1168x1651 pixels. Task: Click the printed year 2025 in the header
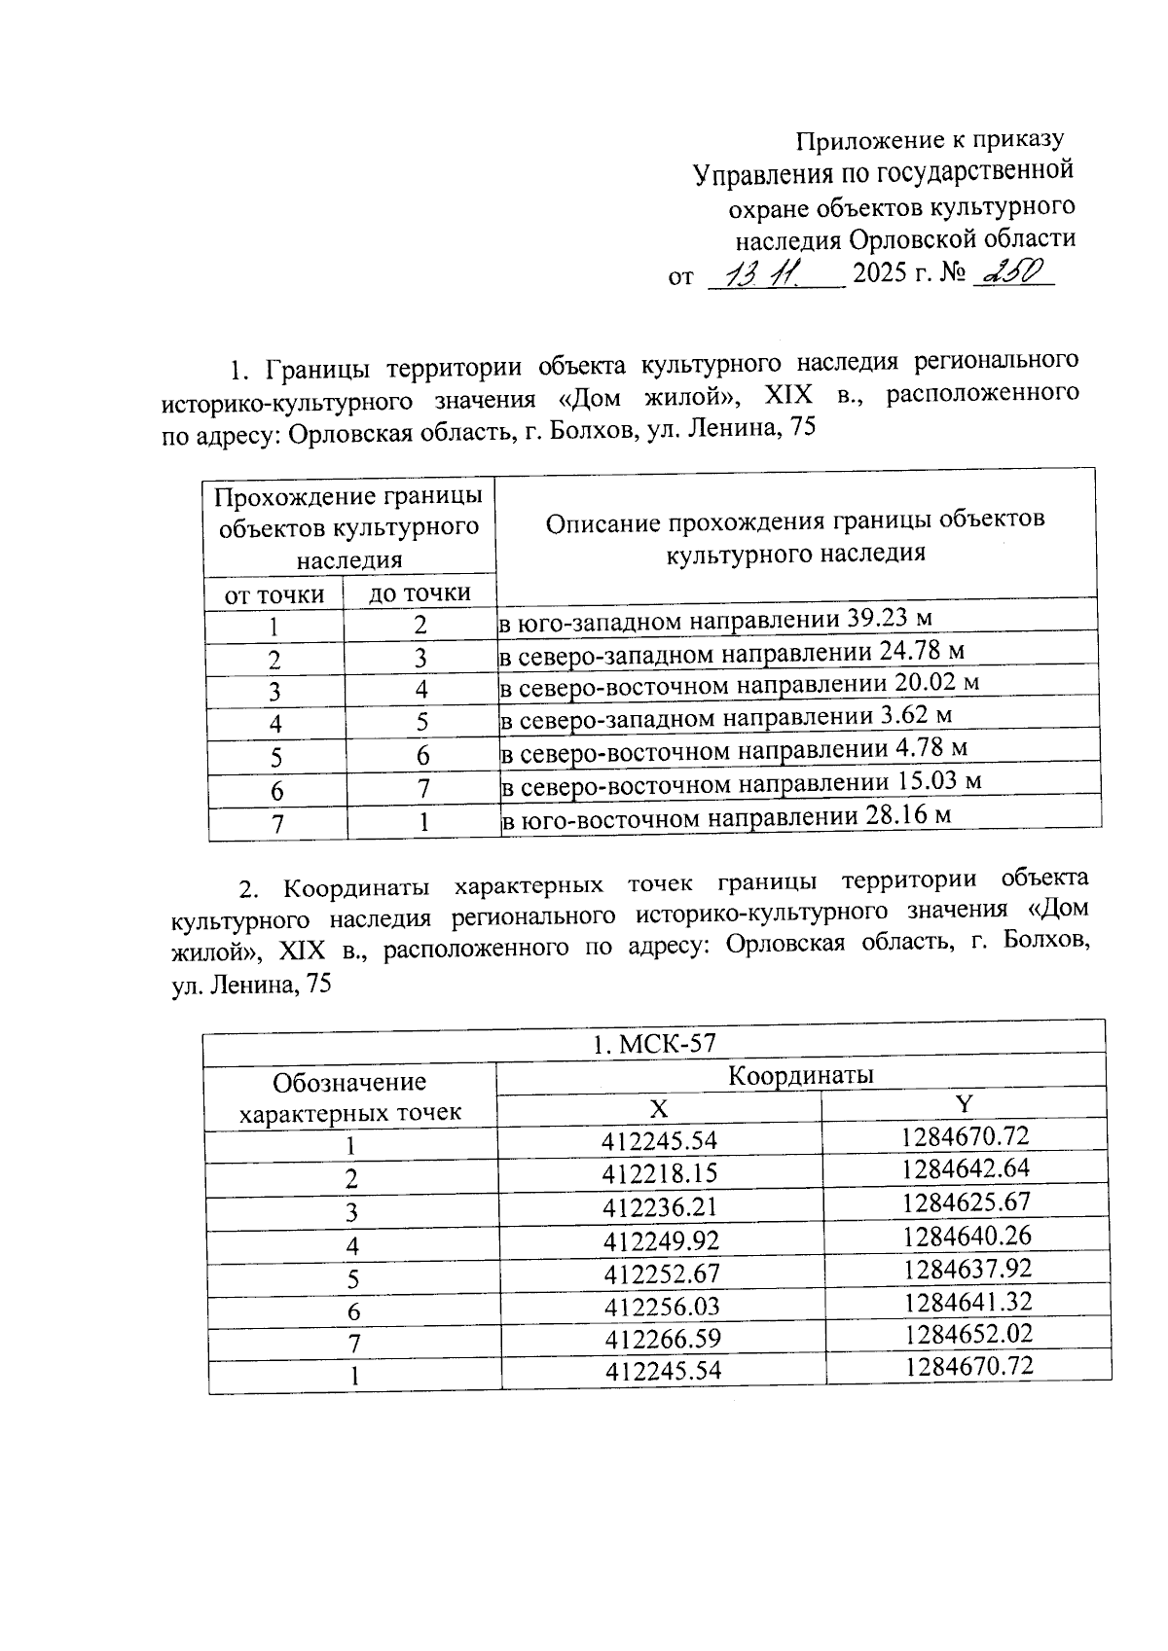pyautogui.click(x=880, y=276)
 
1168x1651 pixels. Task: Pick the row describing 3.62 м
pyautogui.click(x=725, y=718)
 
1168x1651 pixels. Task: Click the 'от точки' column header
pyautogui.click(x=274, y=593)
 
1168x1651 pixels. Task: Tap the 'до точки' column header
pyautogui.click(x=420, y=592)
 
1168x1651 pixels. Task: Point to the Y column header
pyautogui.click(x=964, y=1103)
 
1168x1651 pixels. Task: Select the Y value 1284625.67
pyautogui.click(x=966, y=1202)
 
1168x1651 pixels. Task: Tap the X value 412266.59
pyautogui.click(x=663, y=1340)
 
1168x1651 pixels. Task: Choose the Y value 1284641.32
pyautogui.click(x=967, y=1302)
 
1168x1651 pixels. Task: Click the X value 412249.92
pyautogui.click(x=661, y=1240)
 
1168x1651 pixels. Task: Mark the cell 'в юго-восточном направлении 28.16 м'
pyautogui.click(x=726, y=817)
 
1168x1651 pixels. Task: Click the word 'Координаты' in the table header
pyautogui.click(x=800, y=1075)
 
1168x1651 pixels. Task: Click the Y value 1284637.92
pyautogui.click(x=967, y=1269)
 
